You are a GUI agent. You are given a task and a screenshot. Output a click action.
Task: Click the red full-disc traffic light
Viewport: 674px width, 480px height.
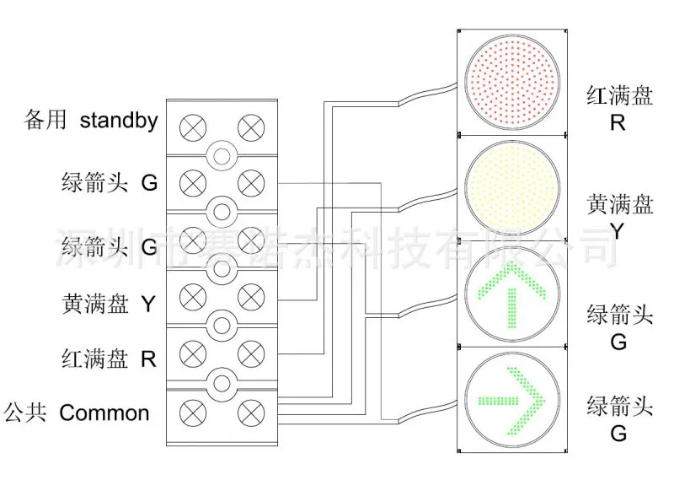512,82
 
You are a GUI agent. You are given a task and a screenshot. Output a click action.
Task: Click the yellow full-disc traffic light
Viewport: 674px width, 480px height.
512,188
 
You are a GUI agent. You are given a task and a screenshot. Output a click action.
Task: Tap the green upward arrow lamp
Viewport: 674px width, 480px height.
512,294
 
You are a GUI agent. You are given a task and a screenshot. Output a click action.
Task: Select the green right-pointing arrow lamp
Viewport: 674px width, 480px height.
512,401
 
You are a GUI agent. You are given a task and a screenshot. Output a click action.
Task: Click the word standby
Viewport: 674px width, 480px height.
119,121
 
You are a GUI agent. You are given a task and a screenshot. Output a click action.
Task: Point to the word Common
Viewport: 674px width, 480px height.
104,413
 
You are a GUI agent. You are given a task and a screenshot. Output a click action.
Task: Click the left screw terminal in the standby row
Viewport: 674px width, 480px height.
193,128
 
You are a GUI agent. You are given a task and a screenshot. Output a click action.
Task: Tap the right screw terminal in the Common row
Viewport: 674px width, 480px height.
251,413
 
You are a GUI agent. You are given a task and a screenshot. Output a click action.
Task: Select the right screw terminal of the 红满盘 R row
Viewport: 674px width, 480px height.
251,353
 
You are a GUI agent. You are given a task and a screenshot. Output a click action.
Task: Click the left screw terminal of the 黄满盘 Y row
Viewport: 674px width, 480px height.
193,297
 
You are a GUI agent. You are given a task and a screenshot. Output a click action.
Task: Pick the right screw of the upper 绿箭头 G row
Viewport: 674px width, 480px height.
251,183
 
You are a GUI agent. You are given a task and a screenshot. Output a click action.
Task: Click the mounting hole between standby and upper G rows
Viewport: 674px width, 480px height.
222,156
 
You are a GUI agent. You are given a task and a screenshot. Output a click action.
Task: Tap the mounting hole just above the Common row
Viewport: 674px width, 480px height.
222,383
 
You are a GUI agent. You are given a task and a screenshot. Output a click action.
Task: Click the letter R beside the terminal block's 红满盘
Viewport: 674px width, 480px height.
149,359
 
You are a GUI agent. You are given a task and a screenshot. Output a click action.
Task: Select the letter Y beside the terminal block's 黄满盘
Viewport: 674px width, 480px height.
148,304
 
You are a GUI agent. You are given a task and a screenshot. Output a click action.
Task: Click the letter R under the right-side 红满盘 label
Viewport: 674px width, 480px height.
618,122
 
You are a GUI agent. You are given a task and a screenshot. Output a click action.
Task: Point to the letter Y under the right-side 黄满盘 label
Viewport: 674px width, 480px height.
618,232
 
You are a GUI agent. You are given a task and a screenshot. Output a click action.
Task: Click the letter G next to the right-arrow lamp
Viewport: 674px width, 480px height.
618,433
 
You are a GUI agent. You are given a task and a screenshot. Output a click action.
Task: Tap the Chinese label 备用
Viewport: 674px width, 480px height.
45,120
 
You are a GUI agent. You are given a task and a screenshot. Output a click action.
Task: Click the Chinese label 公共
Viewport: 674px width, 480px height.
25,412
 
